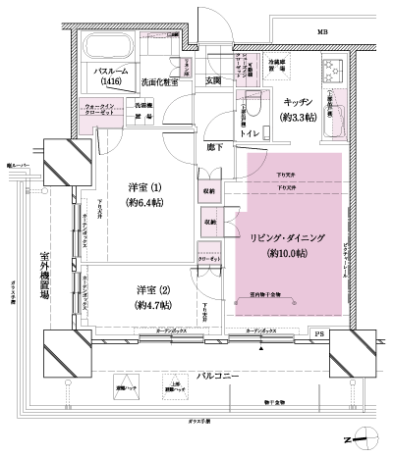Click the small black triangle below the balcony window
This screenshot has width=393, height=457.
[x=260, y=346]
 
